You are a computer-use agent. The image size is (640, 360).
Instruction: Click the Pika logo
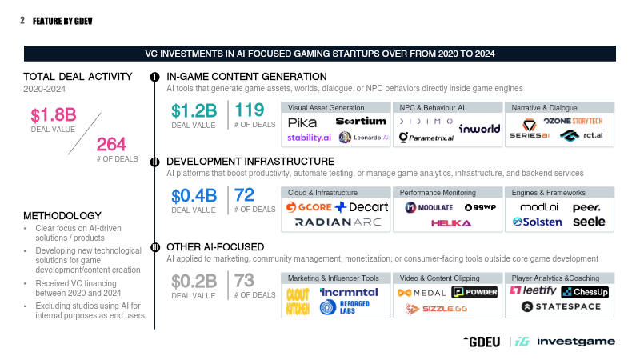pyautogui.click(x=302, y=122)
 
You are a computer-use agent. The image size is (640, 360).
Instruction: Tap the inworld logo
pyautogui.click(x=479, y=129)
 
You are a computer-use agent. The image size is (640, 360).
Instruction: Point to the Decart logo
pyautogui.click(x=362, y=207)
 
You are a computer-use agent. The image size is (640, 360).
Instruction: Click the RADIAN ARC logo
pyautogui.click(x=338, y=222)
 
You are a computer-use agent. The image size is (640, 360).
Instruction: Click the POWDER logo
pyautogui.click(x=474, y=292)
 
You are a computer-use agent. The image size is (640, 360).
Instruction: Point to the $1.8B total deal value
pyautogui.click(x=53, y=114)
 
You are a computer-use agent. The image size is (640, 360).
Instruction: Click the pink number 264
pyautogui.click(x=111, y=144)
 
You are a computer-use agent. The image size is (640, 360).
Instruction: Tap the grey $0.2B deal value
pyautogui.click(x=194, y=281)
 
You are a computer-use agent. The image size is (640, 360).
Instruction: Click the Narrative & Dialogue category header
pyautogui.click(x=543, y=107)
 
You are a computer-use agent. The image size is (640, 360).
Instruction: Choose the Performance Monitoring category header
pyautogui.click(x=437, y=192)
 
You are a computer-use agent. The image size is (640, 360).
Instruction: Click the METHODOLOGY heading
pyautogui.click(x=62, y=215)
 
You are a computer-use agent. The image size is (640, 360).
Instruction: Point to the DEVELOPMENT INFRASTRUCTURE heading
pyautogui.click(x=250, y=162)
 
